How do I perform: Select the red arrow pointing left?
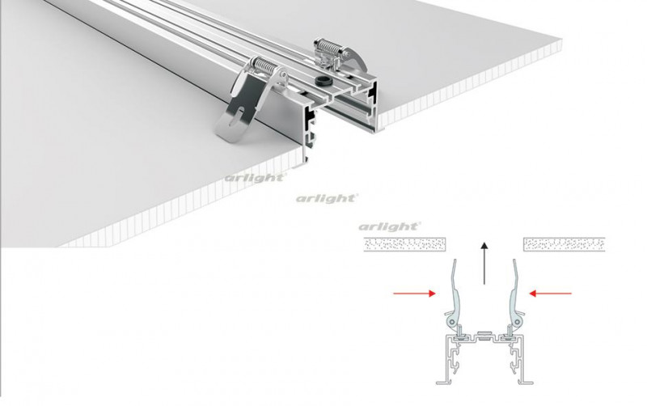tap(553, 293)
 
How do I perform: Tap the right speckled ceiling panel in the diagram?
tap(564, 243)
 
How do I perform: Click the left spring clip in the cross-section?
tap(455, 298)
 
